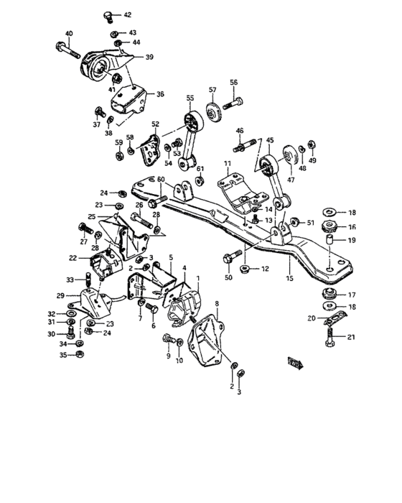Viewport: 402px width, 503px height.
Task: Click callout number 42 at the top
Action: (x=128, y=15)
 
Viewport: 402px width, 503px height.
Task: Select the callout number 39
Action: (x=149, y=57)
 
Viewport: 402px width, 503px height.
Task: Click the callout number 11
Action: (x=228, y=165)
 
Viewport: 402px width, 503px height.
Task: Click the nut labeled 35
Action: (x=80, y=354)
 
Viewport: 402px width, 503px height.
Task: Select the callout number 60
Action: (x=161, y=179)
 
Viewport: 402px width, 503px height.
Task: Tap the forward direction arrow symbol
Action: (x=293, y=362)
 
